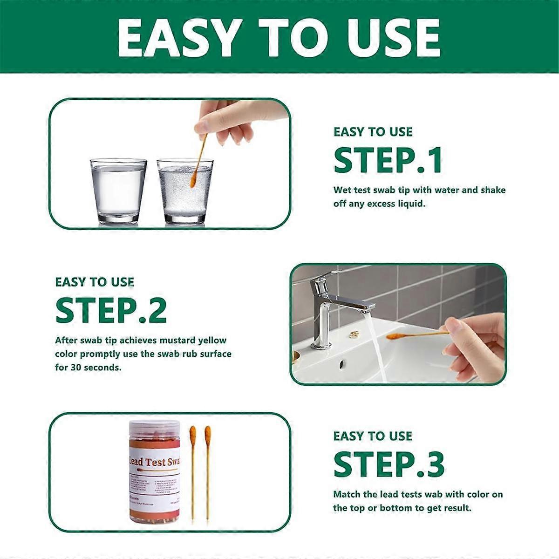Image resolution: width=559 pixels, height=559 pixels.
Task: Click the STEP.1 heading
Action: tap(388, 161)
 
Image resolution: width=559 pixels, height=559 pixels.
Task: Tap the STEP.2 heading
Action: tap(111, 311)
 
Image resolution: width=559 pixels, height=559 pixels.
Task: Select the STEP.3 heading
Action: tap(389, 464)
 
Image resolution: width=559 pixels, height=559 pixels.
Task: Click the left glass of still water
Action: tap(118, 191)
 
